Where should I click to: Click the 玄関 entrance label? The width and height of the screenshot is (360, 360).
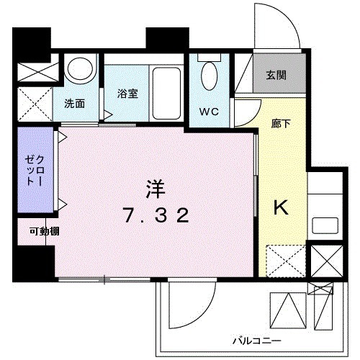[x=274, y=75]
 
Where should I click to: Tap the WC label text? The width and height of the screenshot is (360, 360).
[x=210, y=112]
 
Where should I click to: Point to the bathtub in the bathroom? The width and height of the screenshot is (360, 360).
[x=166, y=94]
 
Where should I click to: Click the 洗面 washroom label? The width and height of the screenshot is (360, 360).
[x=74, y=103]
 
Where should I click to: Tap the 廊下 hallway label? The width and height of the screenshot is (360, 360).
[x=282, y=122]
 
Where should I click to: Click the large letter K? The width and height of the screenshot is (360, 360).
[x=280, y=208]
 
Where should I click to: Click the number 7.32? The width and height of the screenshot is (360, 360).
[x=156, y=215]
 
